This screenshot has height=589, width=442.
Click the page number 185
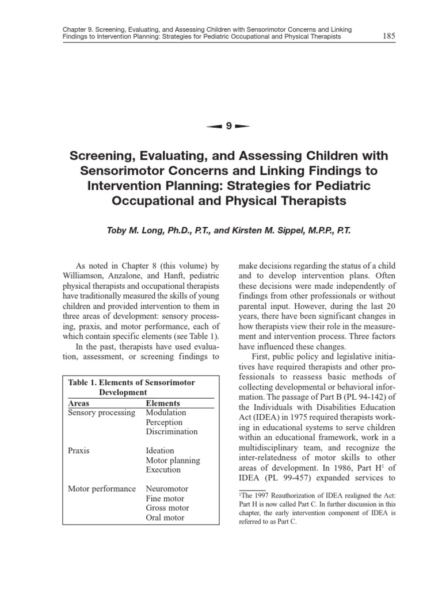388,37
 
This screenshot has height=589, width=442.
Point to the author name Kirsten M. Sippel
286,230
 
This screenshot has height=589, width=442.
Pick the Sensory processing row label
102,413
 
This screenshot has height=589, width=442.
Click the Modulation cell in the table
166,413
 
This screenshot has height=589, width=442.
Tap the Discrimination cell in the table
172,432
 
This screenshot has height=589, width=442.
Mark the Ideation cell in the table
160,451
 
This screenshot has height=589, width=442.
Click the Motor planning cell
173,461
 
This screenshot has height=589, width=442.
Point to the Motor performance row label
102,489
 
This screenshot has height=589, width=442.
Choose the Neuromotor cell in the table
167,489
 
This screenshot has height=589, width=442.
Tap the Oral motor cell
165,518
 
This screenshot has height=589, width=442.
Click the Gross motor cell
167,508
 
